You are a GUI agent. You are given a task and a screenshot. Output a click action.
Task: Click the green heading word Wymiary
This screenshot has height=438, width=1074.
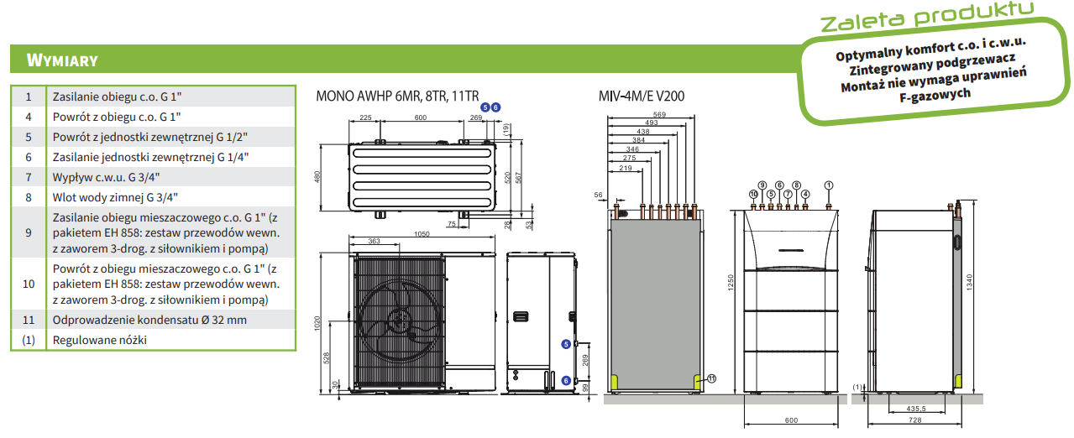tap(62, 60)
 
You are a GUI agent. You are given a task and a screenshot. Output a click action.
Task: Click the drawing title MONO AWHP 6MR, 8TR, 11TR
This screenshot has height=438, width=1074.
tap(397, 96)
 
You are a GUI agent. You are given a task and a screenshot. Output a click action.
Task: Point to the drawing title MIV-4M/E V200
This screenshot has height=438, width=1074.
tap(641, 96)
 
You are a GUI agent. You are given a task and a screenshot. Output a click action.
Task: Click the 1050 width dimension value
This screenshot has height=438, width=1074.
tap(422, 234)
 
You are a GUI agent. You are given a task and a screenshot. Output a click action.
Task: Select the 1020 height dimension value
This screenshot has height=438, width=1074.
tap(317, 323)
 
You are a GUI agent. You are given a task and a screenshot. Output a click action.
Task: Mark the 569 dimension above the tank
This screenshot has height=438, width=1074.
tap(659, 114)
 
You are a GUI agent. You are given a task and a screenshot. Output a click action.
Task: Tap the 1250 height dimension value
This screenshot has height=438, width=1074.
tap(731, 282)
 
